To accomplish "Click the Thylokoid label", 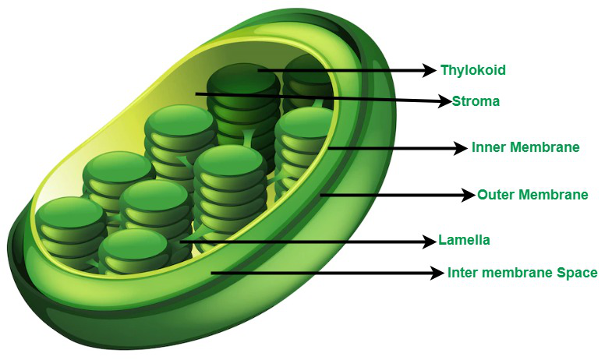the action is coord(473,70).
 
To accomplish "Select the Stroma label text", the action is coord(476,101).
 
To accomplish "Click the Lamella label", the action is coord(464,240).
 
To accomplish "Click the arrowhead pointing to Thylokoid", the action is coord(430,70).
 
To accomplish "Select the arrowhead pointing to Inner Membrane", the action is coord(461,147).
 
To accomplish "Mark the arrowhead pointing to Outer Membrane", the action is coord(469,195).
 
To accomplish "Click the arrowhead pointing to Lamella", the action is coord(429,242).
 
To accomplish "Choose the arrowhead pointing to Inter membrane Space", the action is coord(437,274).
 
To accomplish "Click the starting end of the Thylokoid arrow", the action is coord(258,70).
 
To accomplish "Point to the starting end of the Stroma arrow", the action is coord(196,94).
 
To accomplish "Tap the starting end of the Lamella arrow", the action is coord(180,242).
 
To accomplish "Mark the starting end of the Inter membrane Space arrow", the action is coord(211,274).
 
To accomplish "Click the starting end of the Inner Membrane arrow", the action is coord(328,147).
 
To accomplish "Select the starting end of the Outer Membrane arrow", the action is coord(320,195).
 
